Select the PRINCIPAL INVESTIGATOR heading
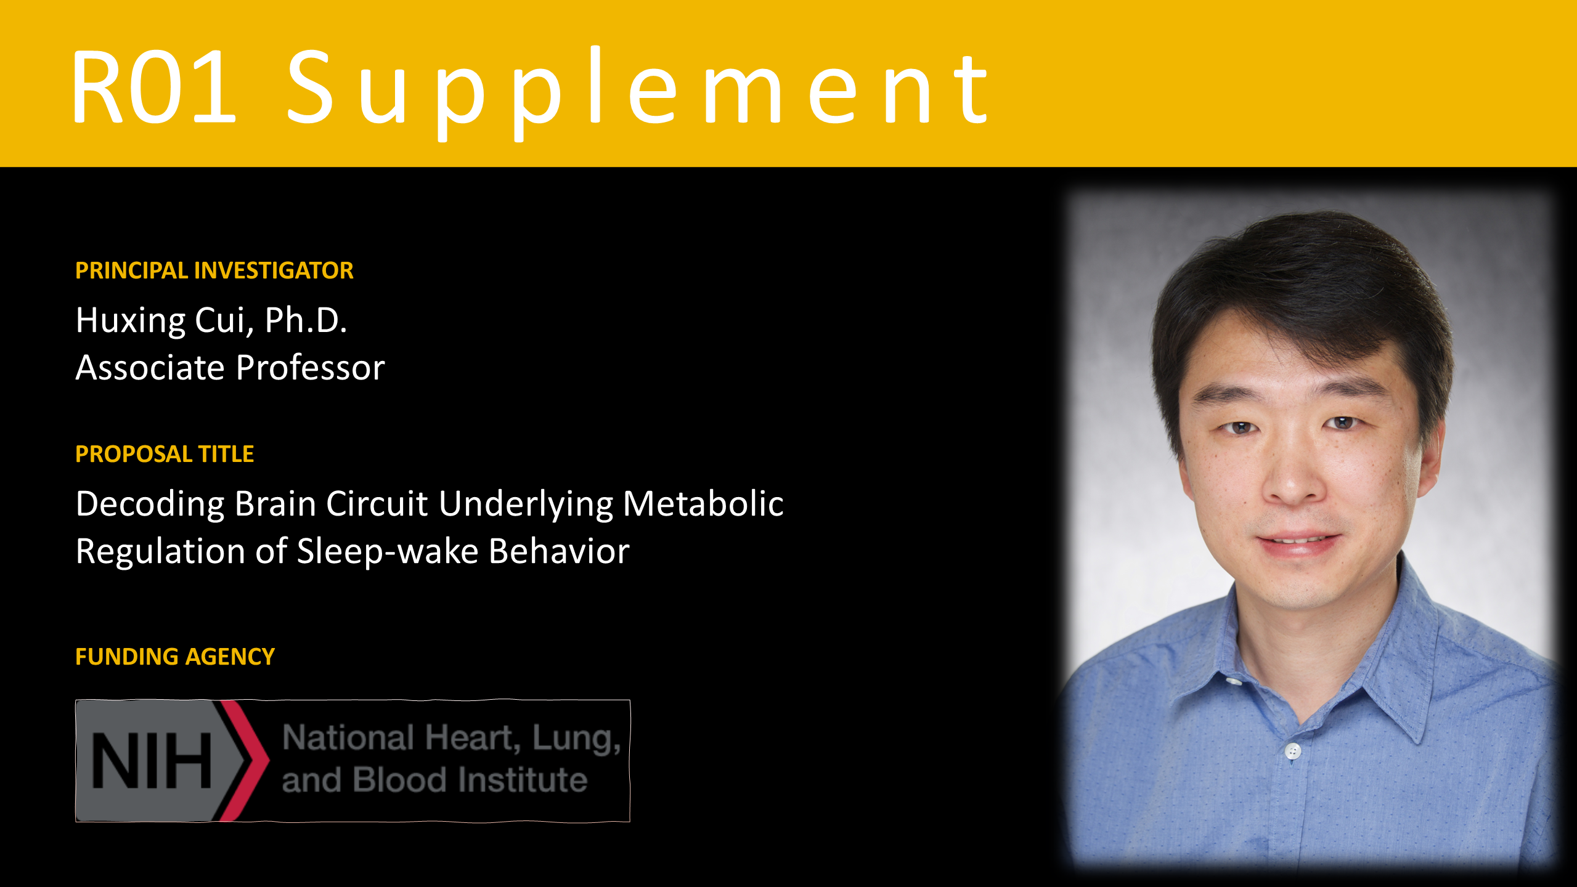(x=214, y=270)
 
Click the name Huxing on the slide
(x=130, y=321)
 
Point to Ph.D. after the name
(x=306, y=320)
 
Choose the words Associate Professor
(x=230, y=368)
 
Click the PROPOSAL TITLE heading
(x=164, y=454)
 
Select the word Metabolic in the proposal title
(x=703, y=503)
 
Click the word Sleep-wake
(x=388, y=551)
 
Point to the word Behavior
(x=559, y=551)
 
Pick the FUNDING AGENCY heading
(x=174, y=657)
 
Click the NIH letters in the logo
(x=152, y=761)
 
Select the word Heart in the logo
(x=469, y=738)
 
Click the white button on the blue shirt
(x=1293, y=751)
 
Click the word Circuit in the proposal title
(x=377, y=503)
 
